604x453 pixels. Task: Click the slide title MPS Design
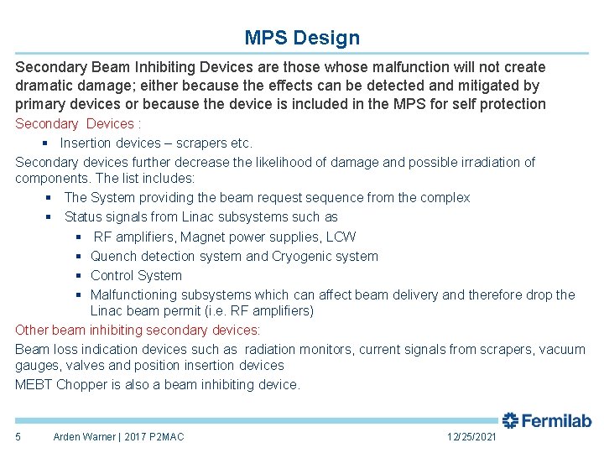click(x=302, y=38)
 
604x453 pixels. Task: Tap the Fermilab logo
click(x=547, y=420)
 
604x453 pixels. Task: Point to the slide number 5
click(x=18, y=437)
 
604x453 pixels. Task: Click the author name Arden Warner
click(x=86, y=437)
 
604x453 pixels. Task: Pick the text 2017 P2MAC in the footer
click(x=156, y=437)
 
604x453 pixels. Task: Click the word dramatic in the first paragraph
click(x=45, y=86)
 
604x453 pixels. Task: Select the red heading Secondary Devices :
click(x=75, y=124)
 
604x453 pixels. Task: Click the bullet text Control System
click(x=136, y=276)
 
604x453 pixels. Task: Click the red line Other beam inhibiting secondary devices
click(x=138, y=331)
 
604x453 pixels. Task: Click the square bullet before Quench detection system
click(x=78, y=257)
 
